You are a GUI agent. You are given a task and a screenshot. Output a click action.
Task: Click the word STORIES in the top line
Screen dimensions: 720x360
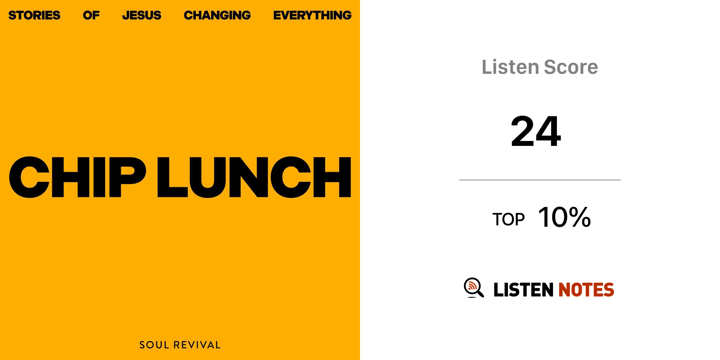pos(34,15)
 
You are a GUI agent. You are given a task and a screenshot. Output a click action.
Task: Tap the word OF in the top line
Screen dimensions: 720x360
pos(91,15)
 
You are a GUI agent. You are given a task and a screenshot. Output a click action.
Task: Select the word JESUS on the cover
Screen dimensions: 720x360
pos(142,15)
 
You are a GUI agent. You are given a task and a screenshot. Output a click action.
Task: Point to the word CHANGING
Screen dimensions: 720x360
pos(217,15)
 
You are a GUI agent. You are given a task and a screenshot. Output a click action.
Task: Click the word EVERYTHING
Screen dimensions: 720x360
pos(313,15)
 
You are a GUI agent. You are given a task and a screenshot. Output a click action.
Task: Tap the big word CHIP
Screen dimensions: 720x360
pos(77,177)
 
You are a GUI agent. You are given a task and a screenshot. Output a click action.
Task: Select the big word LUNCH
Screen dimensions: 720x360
pos(254,177)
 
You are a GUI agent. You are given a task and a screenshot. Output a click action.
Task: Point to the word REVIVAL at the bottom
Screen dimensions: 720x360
pos(197,345)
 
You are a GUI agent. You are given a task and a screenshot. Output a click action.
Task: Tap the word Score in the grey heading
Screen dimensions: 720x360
pos(571,67)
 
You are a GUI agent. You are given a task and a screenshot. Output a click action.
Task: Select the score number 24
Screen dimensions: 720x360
pos(536,131)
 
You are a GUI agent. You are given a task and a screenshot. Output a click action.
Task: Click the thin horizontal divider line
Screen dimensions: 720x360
pos(540,180)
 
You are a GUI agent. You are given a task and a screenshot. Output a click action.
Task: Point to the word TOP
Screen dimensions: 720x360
pos(508,219)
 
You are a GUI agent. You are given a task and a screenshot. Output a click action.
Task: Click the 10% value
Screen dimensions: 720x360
pos(565,217)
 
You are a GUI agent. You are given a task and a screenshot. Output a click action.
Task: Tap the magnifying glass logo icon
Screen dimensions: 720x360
pos(474,288)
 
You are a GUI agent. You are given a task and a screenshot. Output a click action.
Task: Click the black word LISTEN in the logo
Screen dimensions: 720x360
pos(523,290)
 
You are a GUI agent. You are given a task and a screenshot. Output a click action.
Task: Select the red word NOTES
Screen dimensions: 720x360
pos(586,290)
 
